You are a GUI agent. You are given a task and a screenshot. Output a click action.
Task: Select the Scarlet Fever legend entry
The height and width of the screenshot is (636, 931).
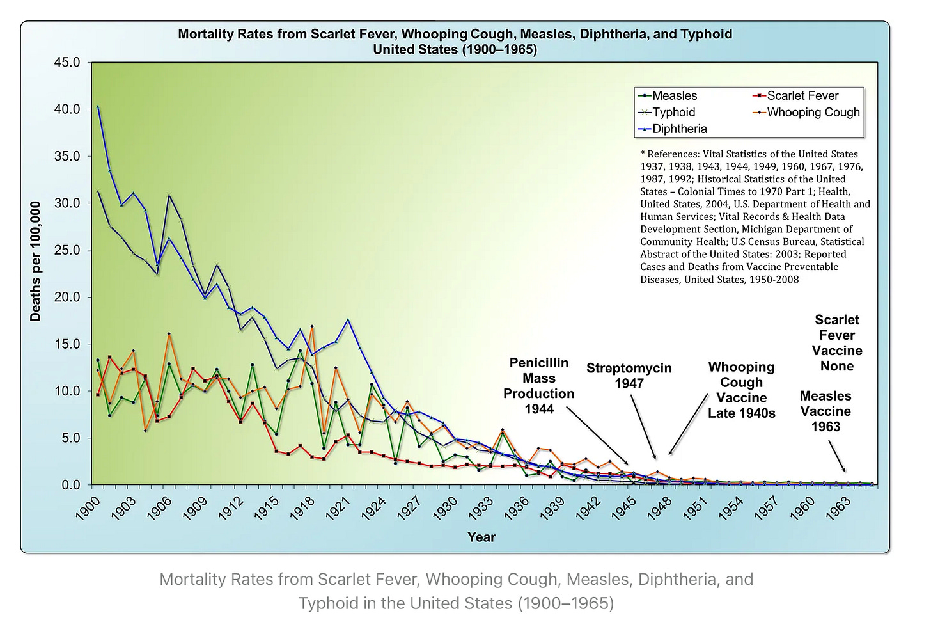802,96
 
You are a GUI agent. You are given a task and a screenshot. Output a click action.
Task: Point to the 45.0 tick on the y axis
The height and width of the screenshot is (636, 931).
67,63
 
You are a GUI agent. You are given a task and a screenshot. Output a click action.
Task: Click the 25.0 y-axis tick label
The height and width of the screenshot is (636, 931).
67,250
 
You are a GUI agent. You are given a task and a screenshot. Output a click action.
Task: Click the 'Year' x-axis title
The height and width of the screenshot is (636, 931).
481,537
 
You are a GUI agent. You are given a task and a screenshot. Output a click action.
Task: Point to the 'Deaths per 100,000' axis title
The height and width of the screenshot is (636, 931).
36,261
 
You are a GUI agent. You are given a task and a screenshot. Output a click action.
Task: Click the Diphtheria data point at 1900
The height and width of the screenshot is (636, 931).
98,107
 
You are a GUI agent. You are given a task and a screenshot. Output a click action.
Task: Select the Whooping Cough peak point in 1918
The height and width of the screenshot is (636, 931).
312,326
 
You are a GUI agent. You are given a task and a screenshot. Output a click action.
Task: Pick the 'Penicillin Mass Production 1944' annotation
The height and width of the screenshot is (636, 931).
538,386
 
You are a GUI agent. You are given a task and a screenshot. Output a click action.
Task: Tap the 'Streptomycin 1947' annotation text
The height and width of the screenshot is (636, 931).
629,376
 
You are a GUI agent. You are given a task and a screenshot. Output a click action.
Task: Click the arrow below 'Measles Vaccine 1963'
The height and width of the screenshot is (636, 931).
837,458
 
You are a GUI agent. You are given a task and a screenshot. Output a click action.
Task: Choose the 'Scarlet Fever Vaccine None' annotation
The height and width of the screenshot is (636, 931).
837,343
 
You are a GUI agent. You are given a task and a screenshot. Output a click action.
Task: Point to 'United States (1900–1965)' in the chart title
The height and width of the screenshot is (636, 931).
455,49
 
